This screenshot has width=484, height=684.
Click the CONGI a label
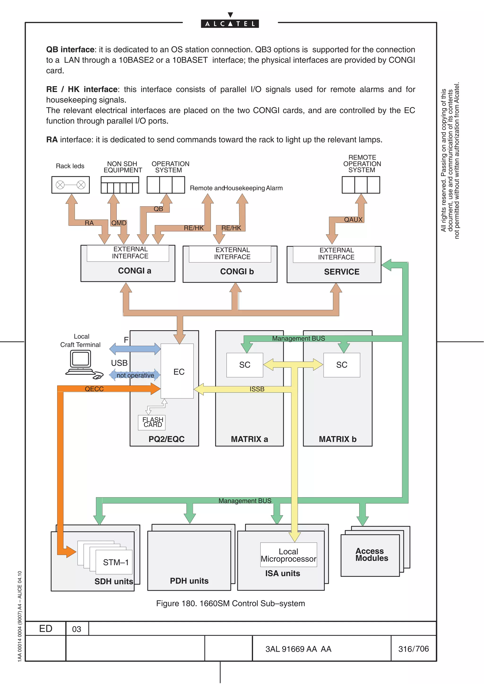pos(134,270)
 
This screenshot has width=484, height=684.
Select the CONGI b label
pos(237,271)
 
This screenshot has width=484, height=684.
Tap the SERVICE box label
pos(341,272)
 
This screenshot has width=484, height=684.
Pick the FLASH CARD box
pos(152,422)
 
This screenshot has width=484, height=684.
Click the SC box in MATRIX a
pos(245,365)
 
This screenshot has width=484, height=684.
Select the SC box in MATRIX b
pos(342,365)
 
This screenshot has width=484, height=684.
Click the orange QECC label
pos(94,389)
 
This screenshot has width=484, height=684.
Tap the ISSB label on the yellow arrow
pos(257,389)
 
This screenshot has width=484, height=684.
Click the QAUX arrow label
pos(353,220)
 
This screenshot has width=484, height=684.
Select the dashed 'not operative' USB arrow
pos(135,375)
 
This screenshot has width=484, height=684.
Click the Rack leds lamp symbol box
pos(70,185)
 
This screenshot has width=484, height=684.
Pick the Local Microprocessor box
pos(288,555)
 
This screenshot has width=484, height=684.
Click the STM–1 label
pos(115,562)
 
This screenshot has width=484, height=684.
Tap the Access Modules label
pos(372,554)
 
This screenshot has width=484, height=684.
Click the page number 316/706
pos(413,649)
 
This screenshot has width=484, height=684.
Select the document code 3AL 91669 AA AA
pos(298,649)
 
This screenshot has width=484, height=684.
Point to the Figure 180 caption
pos(230,604)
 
